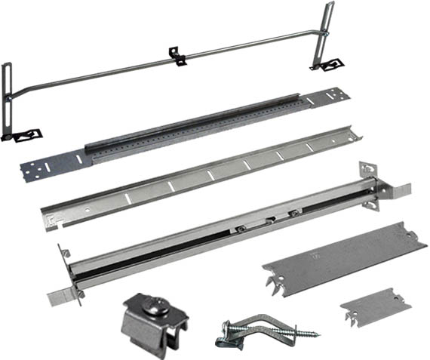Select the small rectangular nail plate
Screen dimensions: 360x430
click(374, 306)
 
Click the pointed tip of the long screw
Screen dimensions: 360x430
click(318, 334)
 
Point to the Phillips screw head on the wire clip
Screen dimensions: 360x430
click(227, 328)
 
